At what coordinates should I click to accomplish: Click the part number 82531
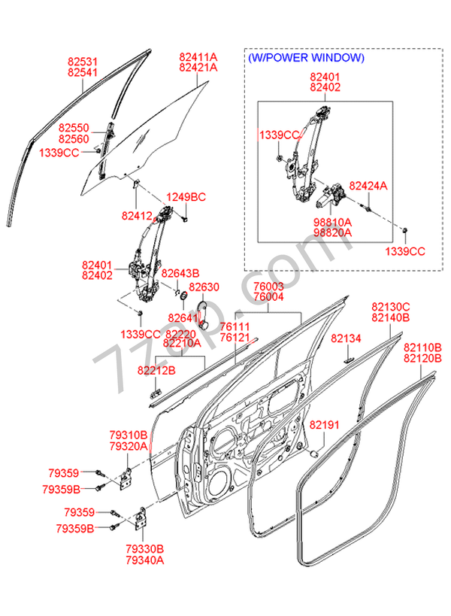click(83, 61)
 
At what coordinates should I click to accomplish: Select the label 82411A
click(198, 57)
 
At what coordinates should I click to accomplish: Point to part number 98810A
click(331, 223)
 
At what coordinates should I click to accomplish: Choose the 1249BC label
click(186, 197)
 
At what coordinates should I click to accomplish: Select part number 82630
click(204, 287)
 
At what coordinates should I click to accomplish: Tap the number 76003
click(268, 287)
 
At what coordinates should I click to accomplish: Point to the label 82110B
click(423, 348)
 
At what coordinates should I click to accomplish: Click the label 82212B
click(156, 370)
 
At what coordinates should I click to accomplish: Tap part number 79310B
click(128, 435)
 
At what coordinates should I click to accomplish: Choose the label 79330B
click(145, 549)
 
